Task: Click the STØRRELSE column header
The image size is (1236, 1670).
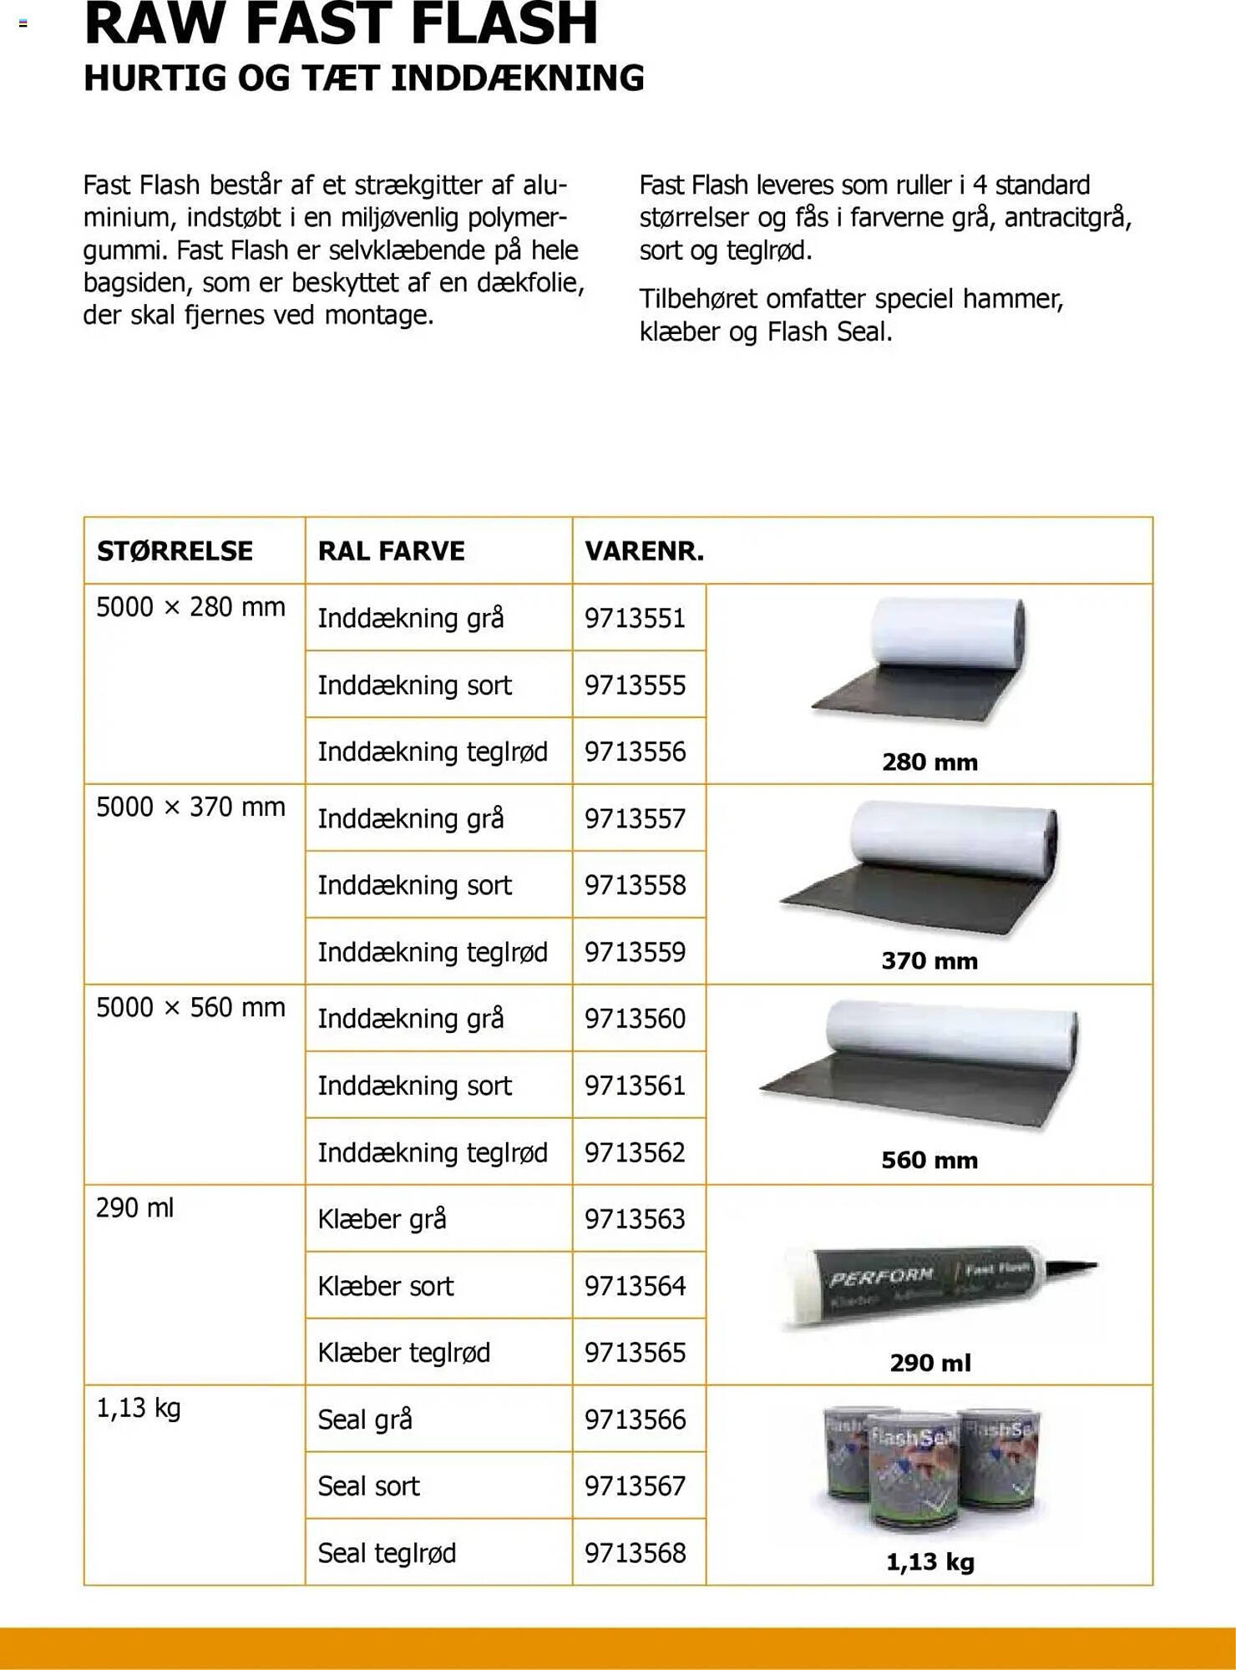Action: click(175, 551)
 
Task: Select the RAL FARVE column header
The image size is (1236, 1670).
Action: click(391, 551)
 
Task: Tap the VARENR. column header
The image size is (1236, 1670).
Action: click(644, 551)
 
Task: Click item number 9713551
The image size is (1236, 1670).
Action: click(635, 618)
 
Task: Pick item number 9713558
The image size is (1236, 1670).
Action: click(635, 885)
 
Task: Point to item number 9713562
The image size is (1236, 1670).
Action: click(635, 1152)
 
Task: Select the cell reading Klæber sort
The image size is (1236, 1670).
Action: click(386, 1286)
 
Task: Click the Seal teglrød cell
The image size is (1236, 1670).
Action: click(387, 1553)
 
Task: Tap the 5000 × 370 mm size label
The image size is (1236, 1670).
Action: click(190, 807)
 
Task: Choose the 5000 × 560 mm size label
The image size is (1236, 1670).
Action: click(190, 1008)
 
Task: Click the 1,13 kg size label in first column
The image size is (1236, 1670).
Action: click(139, 1409)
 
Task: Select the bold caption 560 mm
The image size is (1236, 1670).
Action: click(930, 1160)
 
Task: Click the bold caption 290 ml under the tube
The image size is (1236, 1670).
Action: click(930, 1363)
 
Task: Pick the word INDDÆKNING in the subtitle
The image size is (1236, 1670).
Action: click(518, 78)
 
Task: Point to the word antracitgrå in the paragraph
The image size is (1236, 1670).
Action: click(1067, 218)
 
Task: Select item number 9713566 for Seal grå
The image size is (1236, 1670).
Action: click(635, 1419)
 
